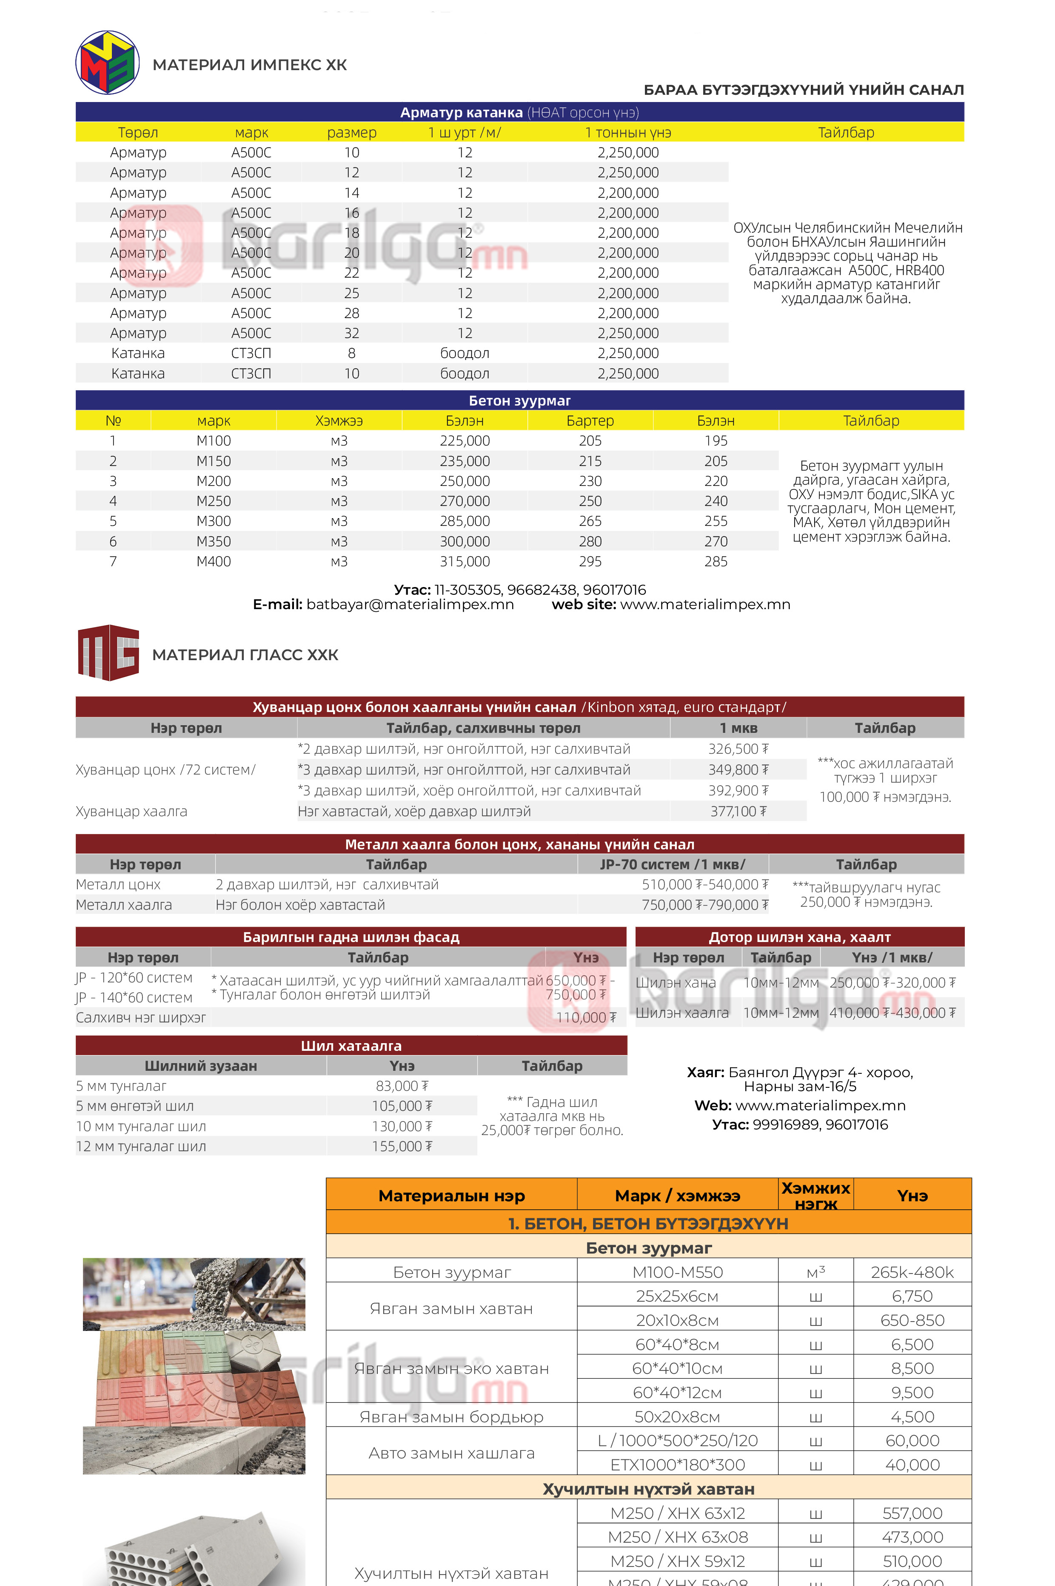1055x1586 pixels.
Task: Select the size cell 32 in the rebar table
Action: click(351, 333)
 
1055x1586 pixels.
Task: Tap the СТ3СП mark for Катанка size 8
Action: click(251, 354)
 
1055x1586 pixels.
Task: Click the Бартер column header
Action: click(590, 421)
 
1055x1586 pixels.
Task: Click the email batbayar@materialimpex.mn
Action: click(410, 604)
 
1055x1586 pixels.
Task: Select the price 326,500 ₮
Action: click(738, 749)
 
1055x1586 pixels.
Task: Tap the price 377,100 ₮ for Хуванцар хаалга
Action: click(738, 811)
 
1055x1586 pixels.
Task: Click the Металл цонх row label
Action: click(118, 885)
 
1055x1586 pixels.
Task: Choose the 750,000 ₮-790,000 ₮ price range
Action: click(704, 905)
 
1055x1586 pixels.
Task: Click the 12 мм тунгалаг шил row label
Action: click(141, 1146)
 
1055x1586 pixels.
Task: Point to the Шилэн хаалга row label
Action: click(682, 1013)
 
